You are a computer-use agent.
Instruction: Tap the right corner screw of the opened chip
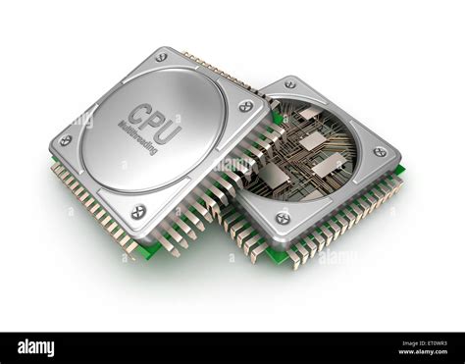click(379, 152)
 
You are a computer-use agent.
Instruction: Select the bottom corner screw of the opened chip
click(283, 217)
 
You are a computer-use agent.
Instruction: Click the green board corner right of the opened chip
click(399, 172)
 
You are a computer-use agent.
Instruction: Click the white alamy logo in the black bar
click(35, 347)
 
